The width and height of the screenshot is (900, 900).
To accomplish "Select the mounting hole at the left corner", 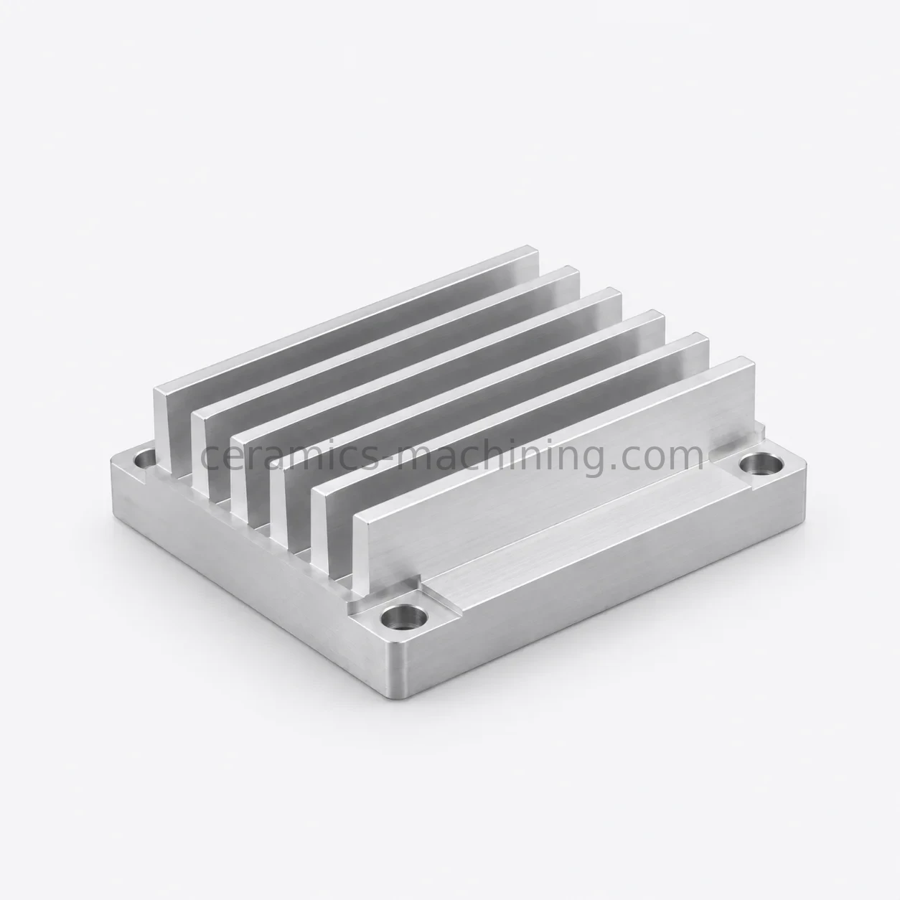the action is (x=146, y=458).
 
